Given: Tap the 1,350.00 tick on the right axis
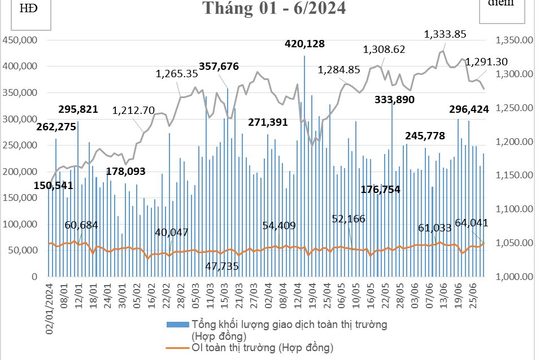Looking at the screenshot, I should (x=510, y=41).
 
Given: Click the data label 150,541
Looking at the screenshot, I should (x=26, y=186).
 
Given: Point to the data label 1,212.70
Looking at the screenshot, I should (x=133, y=110).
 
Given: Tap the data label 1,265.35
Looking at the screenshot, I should (x=177, y=73).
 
